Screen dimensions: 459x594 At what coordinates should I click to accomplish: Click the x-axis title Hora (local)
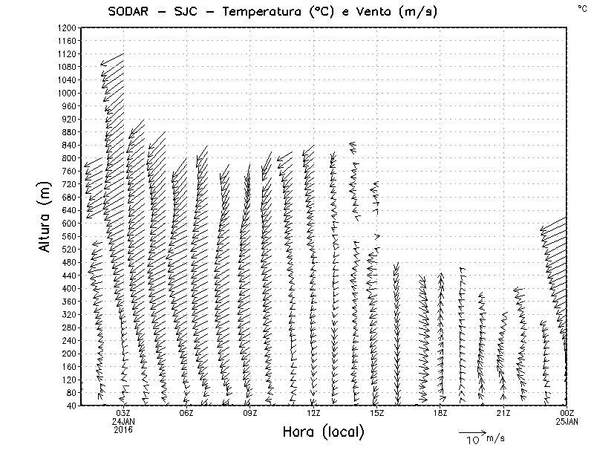[x=323, y=432]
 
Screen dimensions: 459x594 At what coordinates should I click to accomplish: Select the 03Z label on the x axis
[x=123, y=413]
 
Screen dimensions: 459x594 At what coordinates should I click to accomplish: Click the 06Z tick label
[x=186, y=413]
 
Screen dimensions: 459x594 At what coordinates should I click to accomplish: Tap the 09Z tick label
[x=250, y=413]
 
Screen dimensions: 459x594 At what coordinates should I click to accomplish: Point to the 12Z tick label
[x=313, y=413]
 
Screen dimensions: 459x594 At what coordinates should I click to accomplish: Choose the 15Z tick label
[x=376, y=413]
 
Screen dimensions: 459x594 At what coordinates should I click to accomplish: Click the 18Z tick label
[x=440, y=413]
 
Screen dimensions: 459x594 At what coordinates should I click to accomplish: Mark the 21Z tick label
[x=503, y=413]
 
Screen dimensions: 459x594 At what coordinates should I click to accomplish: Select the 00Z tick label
[x=567, y=413]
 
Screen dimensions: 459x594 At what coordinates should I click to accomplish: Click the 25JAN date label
[x=567, y=421]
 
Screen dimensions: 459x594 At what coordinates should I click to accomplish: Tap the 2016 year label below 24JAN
[x=123, y=429]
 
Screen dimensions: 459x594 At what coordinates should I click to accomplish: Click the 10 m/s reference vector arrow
[x=471, y=432]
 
